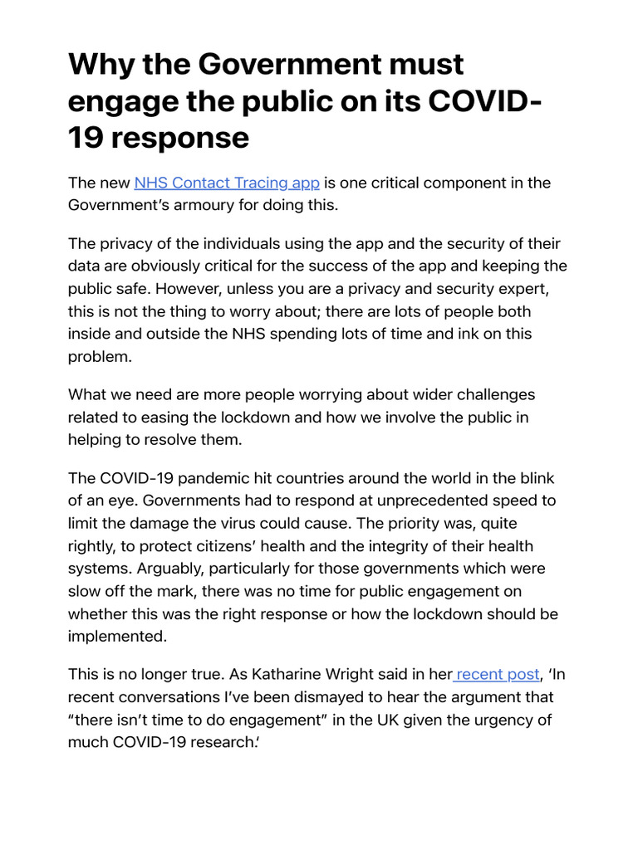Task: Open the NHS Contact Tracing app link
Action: click(x=227, y=183)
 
